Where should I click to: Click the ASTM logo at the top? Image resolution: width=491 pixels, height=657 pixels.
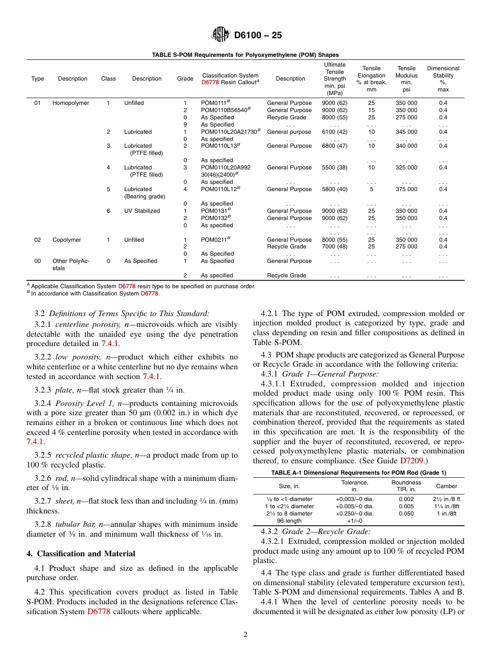tap(221, 35)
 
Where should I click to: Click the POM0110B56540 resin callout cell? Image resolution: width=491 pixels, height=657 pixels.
tap(225, 110)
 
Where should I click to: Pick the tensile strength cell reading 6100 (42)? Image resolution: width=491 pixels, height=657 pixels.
tap(334, 132)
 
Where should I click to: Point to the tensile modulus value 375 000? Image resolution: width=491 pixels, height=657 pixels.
tap(406, 190)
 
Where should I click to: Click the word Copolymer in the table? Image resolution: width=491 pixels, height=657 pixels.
tap(67, 240)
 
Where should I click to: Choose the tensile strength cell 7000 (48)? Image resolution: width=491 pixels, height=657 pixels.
tap(334, 247)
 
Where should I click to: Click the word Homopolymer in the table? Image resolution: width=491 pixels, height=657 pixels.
tap(70, 103)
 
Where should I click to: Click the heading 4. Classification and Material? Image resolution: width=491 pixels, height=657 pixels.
tap(81, 554)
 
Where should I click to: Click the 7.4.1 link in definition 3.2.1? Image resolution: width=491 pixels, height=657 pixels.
tap(110, 343)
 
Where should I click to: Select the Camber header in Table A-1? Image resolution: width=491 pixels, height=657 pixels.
tap(446, 486)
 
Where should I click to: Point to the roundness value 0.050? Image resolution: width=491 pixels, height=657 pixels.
tap(406, 514)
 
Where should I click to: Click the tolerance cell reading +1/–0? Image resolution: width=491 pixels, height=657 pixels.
tap(355, 521)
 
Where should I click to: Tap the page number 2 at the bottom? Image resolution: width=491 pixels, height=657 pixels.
tap(245, 635)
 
